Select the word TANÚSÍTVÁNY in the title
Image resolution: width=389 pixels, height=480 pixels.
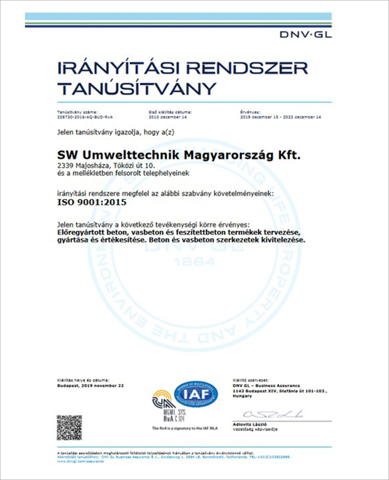[x=137, y=88]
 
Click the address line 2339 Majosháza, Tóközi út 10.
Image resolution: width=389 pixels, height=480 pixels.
[x=98, y=165]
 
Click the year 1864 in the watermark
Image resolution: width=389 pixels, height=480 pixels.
[x=195, y=262]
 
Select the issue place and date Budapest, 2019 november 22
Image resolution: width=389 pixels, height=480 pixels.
[x=90, y=386]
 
